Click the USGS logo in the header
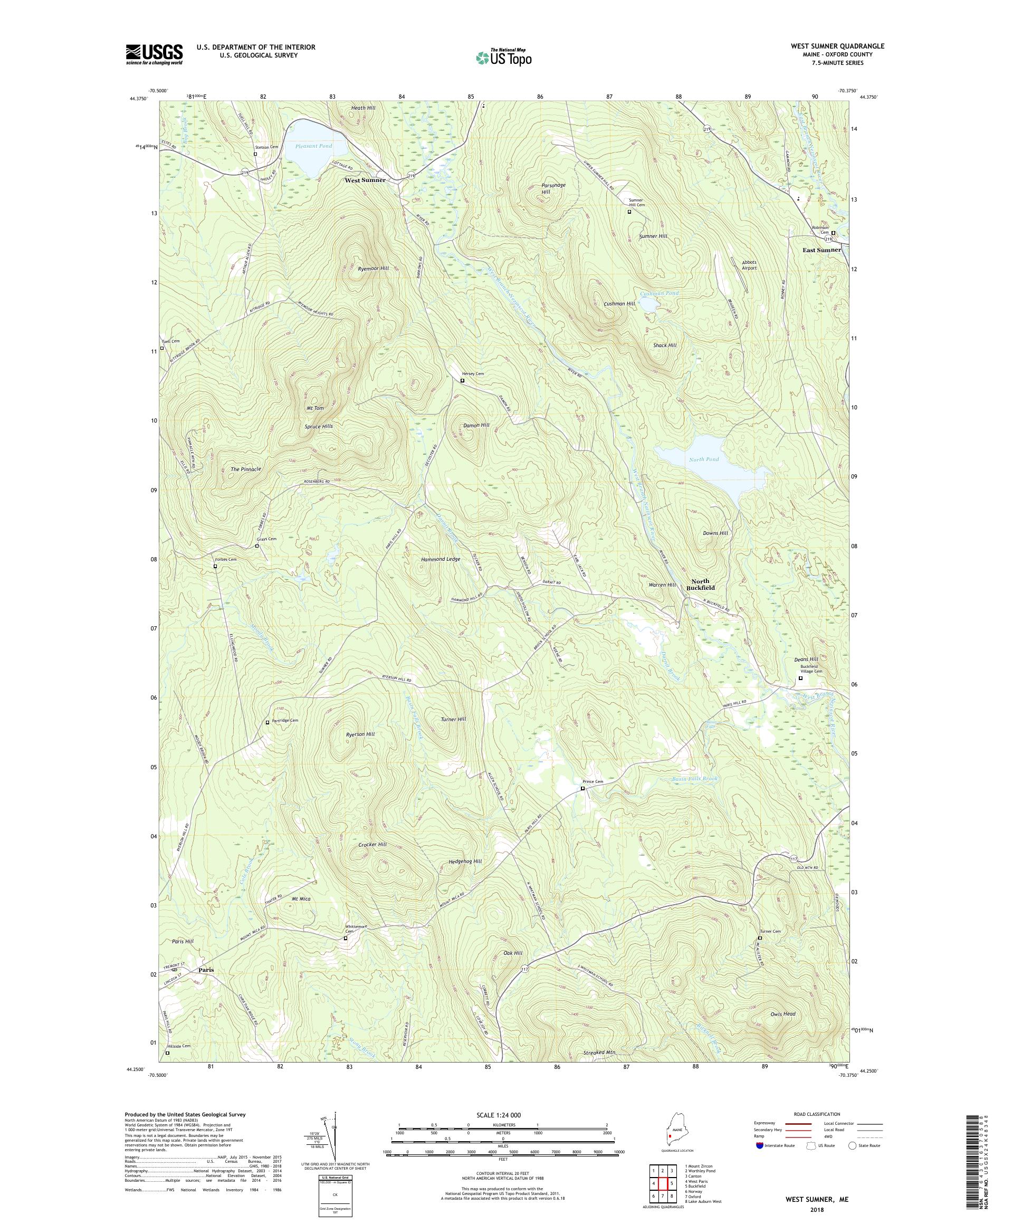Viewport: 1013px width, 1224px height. tap(154, 54)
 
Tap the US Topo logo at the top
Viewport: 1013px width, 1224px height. tap(503, 57)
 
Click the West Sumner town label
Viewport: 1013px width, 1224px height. tap(365, 180)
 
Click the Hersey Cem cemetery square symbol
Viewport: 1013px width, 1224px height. tap(462, 380)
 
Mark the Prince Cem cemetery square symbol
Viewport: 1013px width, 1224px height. tap(582, 788)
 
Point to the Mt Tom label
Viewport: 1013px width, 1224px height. tap(315, 408)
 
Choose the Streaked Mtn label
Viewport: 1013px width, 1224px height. tap(599, 1053)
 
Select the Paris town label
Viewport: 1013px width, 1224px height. tap(206, 970)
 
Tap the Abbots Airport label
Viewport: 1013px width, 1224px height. tap(749, 265)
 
